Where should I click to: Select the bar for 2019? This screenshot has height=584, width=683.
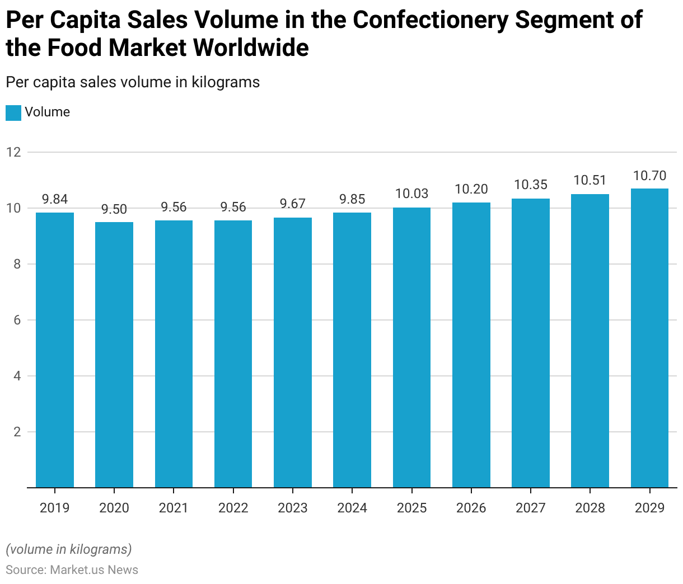55,350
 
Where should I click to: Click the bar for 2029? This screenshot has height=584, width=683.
649,338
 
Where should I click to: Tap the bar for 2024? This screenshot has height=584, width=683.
352,350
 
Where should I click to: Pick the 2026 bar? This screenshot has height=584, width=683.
471,345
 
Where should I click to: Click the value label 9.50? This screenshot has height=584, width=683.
114,209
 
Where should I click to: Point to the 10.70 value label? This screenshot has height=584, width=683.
649,176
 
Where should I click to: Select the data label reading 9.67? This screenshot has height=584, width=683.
293,204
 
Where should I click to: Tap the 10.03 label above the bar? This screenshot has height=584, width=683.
411,194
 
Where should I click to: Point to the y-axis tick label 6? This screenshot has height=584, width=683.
17,320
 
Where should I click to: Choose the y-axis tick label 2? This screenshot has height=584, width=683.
17,432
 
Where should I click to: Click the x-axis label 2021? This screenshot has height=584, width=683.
174,508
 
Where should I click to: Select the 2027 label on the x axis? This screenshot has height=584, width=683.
531,508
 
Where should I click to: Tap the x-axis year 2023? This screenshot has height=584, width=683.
293,508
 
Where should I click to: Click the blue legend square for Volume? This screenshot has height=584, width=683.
13,112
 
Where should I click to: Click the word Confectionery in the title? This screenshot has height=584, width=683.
431,20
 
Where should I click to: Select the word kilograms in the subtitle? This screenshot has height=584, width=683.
226,82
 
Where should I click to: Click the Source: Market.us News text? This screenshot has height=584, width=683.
72,569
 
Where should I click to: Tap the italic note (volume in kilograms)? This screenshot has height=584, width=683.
69,549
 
